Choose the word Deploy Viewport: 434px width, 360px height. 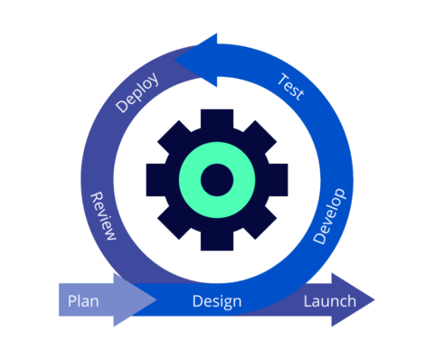click(138, 92)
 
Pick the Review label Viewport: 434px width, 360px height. click(103, 216)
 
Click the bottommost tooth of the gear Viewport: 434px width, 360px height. click(217, 242)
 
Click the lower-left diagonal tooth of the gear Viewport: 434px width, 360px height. click(173, 224)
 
